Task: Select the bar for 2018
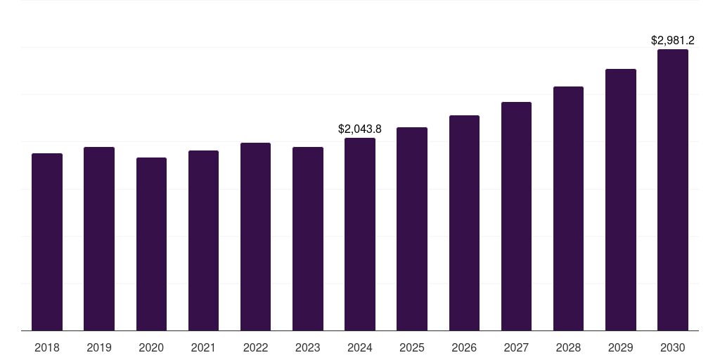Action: [x=47, y=242]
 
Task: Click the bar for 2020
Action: [x=151, y=244]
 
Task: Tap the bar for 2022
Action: [x=255, y=236]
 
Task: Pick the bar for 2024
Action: [x=360, y=234]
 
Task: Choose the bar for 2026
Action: [x=464, y=223]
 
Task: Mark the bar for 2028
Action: [x=568, y=208]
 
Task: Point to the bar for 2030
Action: [x=673, y=190]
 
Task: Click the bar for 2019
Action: [x=99, y=238]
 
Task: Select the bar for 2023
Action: [x=308, y=238]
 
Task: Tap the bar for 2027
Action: [x=516, y=216]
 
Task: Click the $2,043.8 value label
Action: [x=360, y=129]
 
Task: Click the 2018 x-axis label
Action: [x=47, y=347]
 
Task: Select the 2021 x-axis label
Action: [x=203, y=347]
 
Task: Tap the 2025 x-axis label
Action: [x=412, y=347]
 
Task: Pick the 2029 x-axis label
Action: [x=620, y=347]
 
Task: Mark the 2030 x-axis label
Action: [x=673, y=347]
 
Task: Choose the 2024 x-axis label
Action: [x=360, y=347]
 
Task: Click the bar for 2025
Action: [x=412, y=229]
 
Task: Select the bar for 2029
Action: [x=620, y=200]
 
